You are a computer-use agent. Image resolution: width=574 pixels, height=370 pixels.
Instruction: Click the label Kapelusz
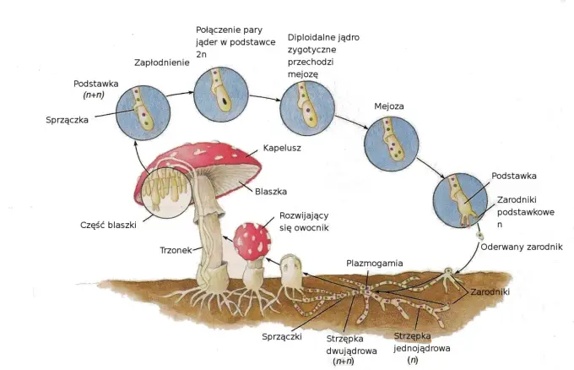click(282, 148)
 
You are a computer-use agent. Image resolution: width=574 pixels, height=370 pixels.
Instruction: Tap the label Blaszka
click(271, 191)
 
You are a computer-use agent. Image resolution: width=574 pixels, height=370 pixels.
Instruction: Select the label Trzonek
click(176, 250)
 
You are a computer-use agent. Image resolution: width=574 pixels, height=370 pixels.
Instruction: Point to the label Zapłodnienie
click(162, 63)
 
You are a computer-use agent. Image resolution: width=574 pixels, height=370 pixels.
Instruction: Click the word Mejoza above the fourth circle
click(389, 106)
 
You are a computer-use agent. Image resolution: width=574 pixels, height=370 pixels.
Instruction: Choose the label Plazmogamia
click(375, 263)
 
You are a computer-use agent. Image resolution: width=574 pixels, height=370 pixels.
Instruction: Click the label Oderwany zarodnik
click(522, 247)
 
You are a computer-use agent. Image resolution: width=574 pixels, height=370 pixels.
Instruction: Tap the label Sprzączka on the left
click(67, 120)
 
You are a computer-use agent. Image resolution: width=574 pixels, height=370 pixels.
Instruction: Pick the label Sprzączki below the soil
click(282, 336)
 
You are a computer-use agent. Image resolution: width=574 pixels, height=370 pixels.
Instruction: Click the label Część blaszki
click(108, 225)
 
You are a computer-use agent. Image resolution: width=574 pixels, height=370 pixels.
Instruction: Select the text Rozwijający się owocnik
click(304, 221)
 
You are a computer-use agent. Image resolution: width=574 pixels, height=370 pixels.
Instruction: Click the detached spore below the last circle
click(479, 235)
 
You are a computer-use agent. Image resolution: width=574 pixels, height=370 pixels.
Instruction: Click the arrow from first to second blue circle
click(180, 94)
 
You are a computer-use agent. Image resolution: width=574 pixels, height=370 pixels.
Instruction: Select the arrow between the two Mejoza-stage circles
click(351, 122)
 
